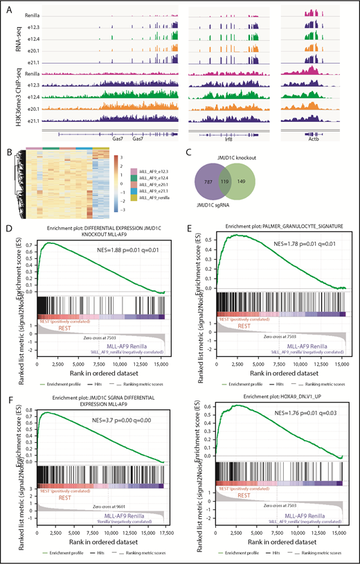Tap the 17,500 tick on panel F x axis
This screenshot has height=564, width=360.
click(x=163, y=529)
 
